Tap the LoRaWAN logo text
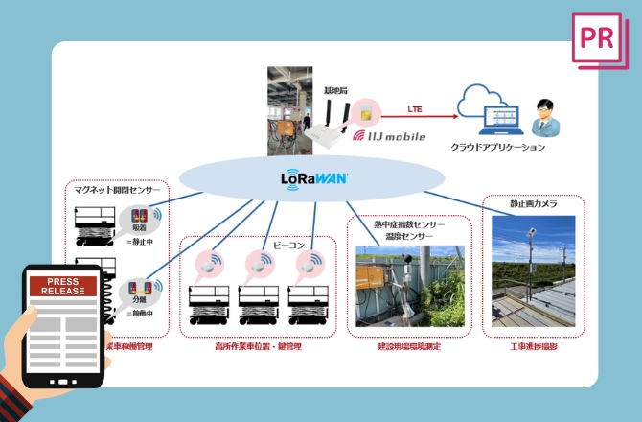pyautogui.click(x=314, y=177)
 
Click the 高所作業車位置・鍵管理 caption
pyautogui.click(x=259, y=345)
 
